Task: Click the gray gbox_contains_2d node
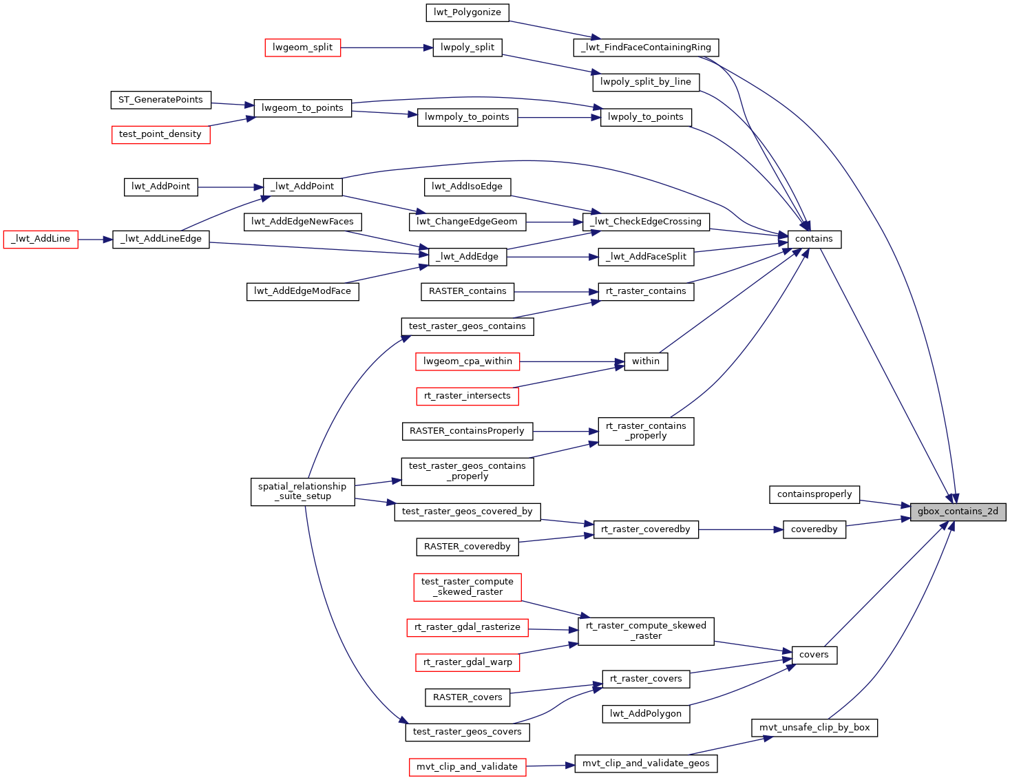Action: (958, 512)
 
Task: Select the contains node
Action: (814, 239)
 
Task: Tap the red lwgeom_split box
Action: (302, 48)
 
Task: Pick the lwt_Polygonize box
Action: (467, 12)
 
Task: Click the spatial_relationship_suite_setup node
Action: (302, 492)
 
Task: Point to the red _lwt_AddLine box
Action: (41, 239)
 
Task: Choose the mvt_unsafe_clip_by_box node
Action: (814, 728)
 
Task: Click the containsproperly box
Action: (814, 494)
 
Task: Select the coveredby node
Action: (814, 529)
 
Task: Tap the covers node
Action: (814, 655)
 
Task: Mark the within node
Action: (646, 361)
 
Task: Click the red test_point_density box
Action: (160, 134)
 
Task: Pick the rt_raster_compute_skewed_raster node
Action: (646, 631)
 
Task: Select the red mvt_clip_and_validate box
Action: (467, 767)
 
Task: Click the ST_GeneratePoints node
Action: (160, 100)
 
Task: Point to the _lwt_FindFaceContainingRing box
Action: (646, 48)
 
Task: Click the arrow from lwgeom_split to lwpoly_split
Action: (386, 48)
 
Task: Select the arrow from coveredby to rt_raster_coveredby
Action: (741, 529)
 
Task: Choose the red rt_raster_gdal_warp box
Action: (467, 662)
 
